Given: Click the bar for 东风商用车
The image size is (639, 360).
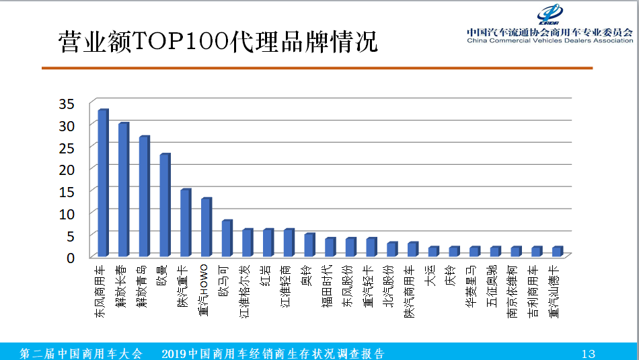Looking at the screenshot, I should pos(102,182).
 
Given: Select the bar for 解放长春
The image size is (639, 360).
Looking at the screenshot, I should pos(123,189).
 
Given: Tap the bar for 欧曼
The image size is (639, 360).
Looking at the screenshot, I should pos(164,205).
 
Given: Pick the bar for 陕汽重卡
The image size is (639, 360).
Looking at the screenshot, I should pos(185,222).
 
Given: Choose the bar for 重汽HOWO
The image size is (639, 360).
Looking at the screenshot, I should pos(206,227).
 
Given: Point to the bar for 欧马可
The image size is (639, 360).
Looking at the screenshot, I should pos(226,238).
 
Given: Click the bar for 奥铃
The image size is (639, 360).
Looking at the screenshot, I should pos(309,245).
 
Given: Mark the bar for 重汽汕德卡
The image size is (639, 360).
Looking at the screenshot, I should pos(557,252).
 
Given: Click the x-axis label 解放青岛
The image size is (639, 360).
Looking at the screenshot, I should pos(143,285).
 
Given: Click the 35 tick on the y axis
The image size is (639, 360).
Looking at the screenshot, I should pos(66,104).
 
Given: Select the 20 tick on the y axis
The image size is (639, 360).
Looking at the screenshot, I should pos(66,170).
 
